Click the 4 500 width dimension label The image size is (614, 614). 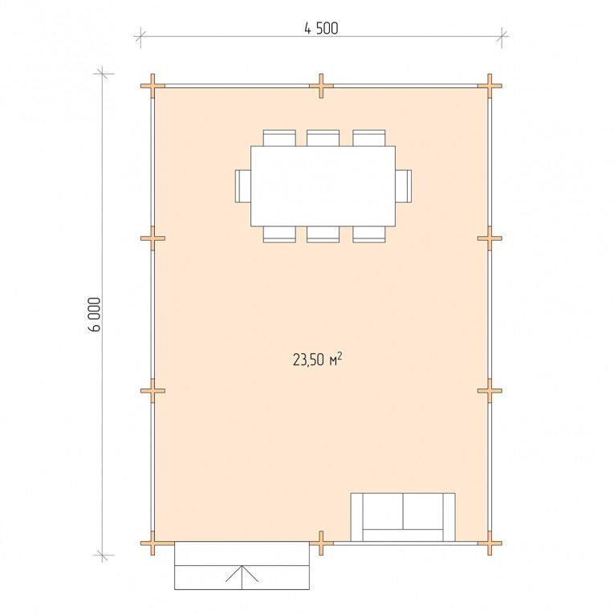[321, 28]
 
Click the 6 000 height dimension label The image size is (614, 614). [95, 315]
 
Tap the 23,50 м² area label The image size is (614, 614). [318, 359]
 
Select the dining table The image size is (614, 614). [323, 186]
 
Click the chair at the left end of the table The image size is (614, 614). [243, 186]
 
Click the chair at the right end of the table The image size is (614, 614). [404, 186]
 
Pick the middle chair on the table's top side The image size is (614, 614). [323, 138]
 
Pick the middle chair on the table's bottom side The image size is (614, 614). [323, 234]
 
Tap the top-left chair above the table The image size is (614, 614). [279, 138]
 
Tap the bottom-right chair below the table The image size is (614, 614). [369, 234]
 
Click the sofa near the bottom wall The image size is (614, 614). [403, 517]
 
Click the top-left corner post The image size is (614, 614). [152, 86]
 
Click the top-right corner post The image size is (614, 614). [490, 86]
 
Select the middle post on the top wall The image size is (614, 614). [321, 86]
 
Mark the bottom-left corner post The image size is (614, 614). [152, 543]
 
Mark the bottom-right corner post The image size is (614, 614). [490, 543]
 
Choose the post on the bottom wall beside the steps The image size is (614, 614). [321, 543]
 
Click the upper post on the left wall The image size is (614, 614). [152, 238]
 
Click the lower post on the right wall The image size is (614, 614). [490, 391]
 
